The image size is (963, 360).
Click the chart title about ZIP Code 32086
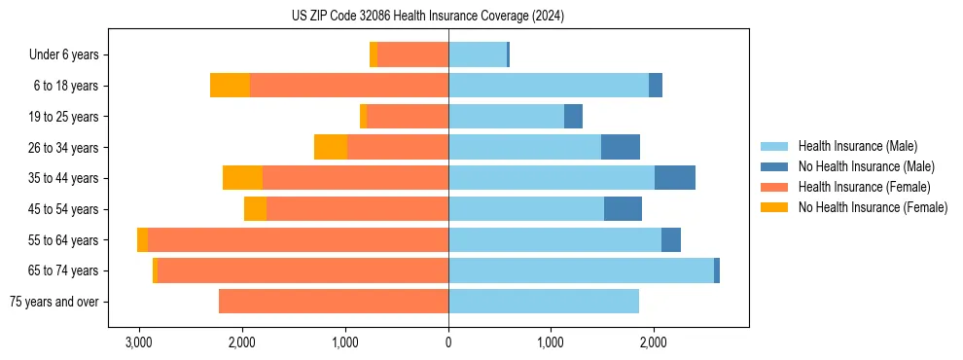pyautogui.click(x=428, y=17)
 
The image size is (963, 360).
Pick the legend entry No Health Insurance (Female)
pyautogui.click(x=873, y=207)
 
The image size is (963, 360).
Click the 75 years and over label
pyautogui.click(x=54, y=302)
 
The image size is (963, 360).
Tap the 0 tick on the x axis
pyautogui.click(x=448, y=342)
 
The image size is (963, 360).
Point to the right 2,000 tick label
pyautogui.click(x=654, y=342)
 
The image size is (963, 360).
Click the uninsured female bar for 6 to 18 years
pyautogui.click(x=230, y=86)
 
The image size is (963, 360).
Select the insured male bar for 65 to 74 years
pyautogui.click(x=581, y=270)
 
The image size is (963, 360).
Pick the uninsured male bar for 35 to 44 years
pyautogui.click(x=675, y=178)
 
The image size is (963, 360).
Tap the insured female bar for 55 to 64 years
pyautogui.click(x=298, y=240)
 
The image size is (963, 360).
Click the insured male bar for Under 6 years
pyautogui.click(x=478, y=54)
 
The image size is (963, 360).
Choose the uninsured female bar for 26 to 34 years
pyautogui.click(x=331, y=147)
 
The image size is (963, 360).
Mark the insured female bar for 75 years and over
pyautogui.click(x=334, y=302)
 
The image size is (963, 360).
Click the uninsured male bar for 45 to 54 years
pyautogui.click(x=623, y=209)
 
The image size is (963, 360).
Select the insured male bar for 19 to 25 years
pyautogui.click(x=506, y=117)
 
